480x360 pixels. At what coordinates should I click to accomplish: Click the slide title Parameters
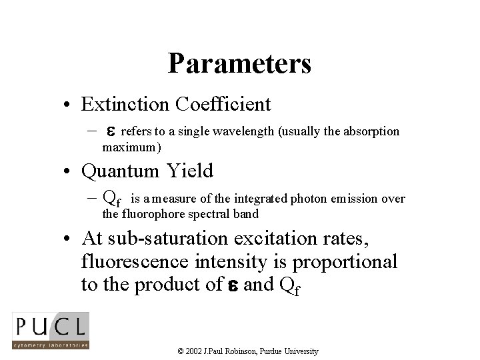239,64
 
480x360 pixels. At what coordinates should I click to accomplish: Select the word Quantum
120,171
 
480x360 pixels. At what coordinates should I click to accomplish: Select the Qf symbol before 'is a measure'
112,197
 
